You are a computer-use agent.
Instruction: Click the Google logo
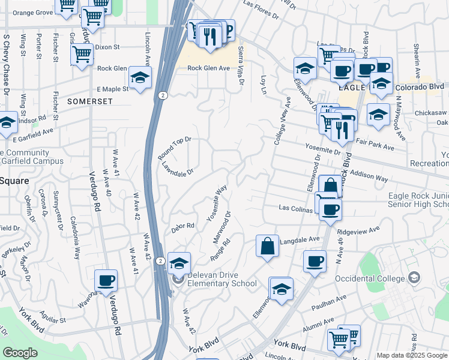pos(20,353)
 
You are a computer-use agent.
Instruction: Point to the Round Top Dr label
pos(173,148)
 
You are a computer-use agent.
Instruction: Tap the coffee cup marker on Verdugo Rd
pos(106,280)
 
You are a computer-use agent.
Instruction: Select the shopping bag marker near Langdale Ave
pos(267,245)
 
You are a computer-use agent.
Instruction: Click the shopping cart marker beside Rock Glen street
pos(82,55)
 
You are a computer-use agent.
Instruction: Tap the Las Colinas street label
pos(295,208)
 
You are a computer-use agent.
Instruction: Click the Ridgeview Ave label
pos(359,230)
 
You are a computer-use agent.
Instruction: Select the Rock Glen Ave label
pos(208,68)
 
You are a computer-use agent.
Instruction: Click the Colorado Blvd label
pos(420,86)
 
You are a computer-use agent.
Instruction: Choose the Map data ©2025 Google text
pos(412,355)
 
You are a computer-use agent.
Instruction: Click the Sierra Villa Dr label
pos(241,65)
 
